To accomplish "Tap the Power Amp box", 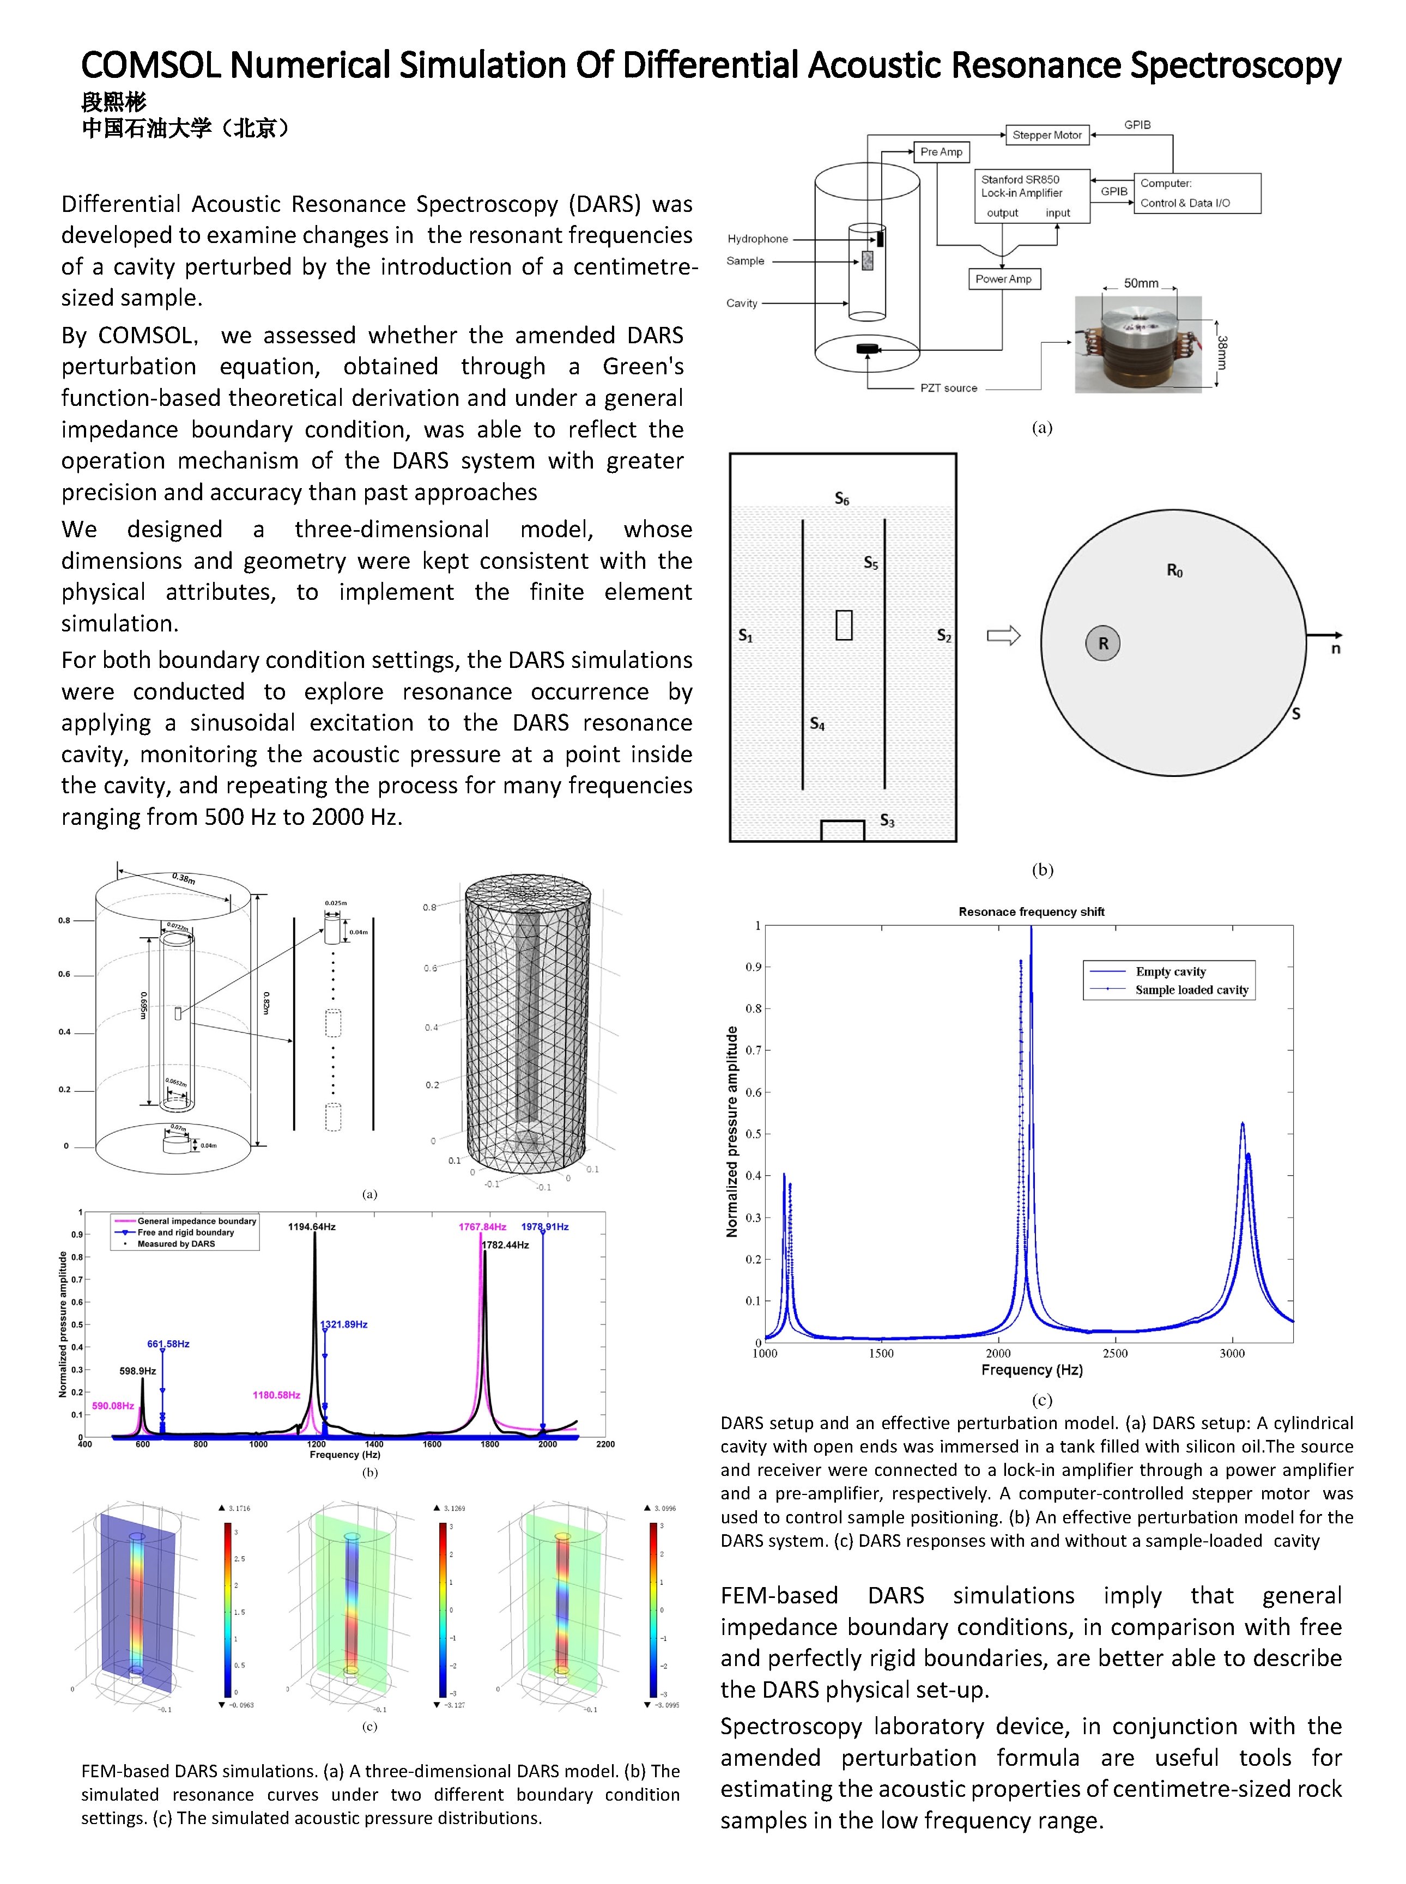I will (1003, 279).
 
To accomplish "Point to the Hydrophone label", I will (757, 239).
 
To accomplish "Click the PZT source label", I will (948, 388).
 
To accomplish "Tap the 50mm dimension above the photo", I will (1141, 283).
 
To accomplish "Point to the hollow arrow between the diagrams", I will (1003, 636).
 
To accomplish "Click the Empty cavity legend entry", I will (1170, 971).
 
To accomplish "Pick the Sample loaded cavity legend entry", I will (1191, 989).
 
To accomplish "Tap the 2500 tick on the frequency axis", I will (1115, 1353).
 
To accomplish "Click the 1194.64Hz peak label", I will (312, 1226).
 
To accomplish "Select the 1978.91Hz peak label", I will (545, 1226).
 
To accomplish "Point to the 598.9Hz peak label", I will (138, 1371).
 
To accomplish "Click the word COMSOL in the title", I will (150, 65).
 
